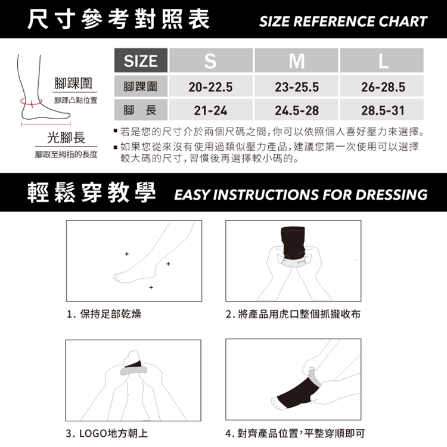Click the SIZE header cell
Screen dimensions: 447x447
pos(141,60)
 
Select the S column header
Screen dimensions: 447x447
pos(210,60)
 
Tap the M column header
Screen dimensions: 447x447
pos(296,60)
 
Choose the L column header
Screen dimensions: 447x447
pos(381,60)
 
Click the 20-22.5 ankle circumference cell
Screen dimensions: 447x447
pos(210,86)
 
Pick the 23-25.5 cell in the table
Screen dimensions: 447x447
pos(296,86)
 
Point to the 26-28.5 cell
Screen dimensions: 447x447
pos(381,86)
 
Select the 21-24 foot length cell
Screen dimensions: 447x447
pos(210,110)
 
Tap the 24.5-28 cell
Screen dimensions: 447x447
pos(296,110)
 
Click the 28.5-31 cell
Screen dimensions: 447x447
pos(381,110)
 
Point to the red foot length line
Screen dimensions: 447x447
pos(46,125)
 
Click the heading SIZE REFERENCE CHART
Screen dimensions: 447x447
pos(343,21)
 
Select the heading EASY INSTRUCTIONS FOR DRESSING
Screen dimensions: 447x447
pos(301,195)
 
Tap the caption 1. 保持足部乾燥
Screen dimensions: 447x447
pos(104,314)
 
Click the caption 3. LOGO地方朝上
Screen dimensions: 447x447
pos(107,433)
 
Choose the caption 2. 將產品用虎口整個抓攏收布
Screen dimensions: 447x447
pos(293,314)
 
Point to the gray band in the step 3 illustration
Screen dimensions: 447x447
pos(134,371)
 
